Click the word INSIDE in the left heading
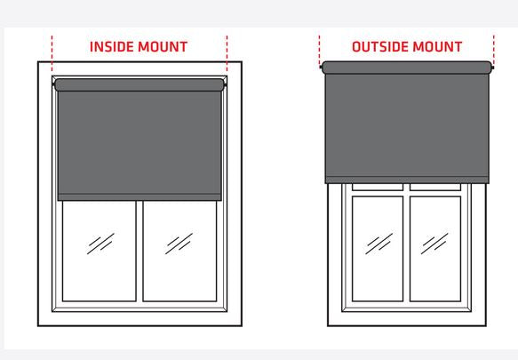pos(112,46)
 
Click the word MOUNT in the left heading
pos(163,46)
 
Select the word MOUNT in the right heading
pos(437,46)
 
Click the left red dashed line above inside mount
pos(52,53)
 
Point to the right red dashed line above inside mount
pos(227,53)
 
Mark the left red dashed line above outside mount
pos(320,51)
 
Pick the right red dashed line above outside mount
pos(493,51)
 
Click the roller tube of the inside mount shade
pos(139,85)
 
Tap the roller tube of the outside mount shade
pos(407,68)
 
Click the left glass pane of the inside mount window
pos(100,251)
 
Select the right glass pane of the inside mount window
pos(180,251)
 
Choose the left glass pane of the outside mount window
pos(378,249)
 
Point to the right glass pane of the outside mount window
pos(435,249)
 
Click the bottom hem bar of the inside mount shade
pos(139,197)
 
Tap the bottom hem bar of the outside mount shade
pos(407,180)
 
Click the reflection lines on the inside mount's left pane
pos(100,244)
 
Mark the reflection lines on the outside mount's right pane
pos(434,244)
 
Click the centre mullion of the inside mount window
pos(139,252)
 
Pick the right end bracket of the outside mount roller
pos(493,68)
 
